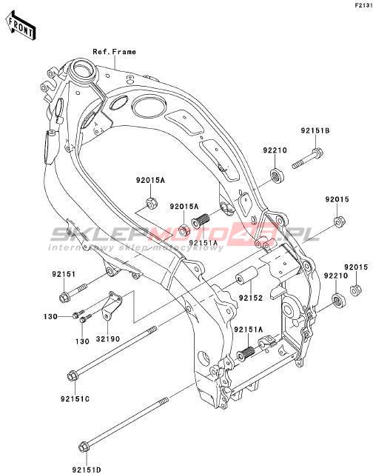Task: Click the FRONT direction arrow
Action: (21, 26)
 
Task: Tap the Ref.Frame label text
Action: (114, 52)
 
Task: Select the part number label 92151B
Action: (315, 130)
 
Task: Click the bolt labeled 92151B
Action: (307, 158)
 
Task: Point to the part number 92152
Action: (251, 298)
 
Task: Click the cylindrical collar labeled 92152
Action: (246, 276)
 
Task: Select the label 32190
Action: (108, 339)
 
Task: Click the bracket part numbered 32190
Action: (112, 306)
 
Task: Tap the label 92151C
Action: (75, 398)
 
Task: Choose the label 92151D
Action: (87, 470)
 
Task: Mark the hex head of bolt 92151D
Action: (84, 447)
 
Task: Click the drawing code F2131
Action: (363, 5)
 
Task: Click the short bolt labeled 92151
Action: (73, 293)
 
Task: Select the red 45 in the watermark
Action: (259, 232)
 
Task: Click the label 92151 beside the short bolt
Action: (64, 274)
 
